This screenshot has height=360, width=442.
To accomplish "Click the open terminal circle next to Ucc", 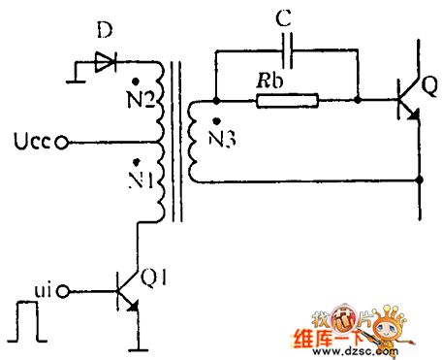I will point(63,143).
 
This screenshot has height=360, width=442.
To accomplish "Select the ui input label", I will point(45,288).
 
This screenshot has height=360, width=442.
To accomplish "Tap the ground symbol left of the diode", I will point(77,71).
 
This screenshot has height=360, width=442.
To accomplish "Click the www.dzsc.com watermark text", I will point(363,352).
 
